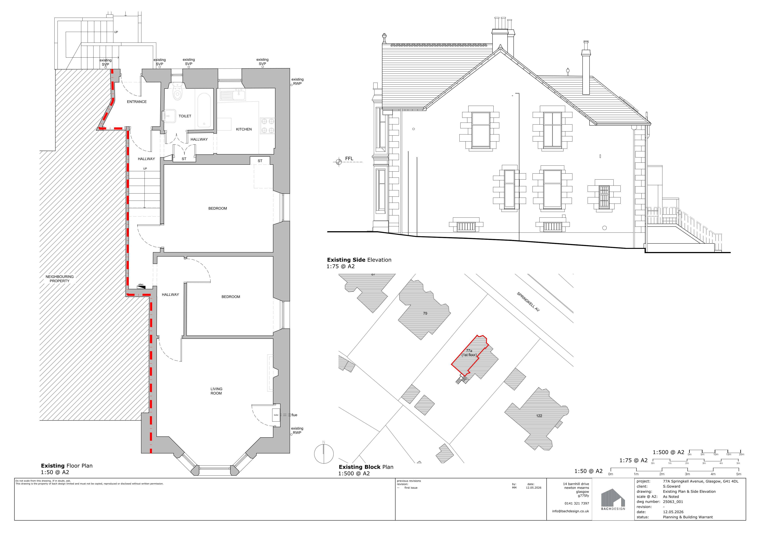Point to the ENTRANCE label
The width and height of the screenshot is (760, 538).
point(137,102)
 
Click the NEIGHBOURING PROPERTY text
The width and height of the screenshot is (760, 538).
point(60,279)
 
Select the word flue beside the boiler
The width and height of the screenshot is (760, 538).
point(294,415)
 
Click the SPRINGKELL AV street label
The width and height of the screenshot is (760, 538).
point(528,301)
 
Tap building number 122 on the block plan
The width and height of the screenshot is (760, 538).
point(539,416)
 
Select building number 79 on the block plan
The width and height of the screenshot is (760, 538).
point(425,313)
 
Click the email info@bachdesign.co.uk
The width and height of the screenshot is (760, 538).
point(570,511)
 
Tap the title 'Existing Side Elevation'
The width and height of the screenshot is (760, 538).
point(359,260)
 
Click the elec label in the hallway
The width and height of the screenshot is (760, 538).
point(141,285)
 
